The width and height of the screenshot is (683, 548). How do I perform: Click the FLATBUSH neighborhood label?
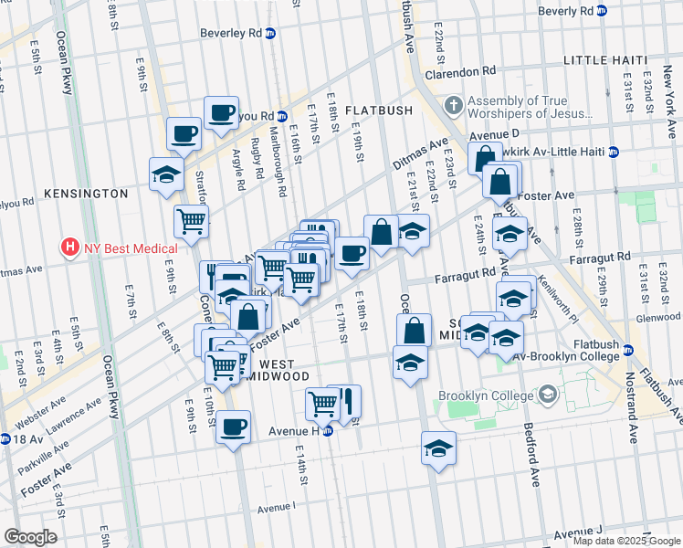pos(379,110)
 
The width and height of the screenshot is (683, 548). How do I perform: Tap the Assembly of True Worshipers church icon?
pos(454,107)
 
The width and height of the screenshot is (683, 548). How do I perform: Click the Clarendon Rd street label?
pos(464,69)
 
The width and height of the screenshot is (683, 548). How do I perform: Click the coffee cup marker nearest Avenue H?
pos(234,426)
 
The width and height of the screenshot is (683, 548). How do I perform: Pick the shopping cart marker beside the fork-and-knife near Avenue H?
pos(322,402)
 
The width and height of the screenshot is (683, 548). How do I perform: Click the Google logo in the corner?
pos(29,537)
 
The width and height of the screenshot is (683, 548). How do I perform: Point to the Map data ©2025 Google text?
pos(626,541)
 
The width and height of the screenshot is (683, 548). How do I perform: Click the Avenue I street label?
pos(277,507)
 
